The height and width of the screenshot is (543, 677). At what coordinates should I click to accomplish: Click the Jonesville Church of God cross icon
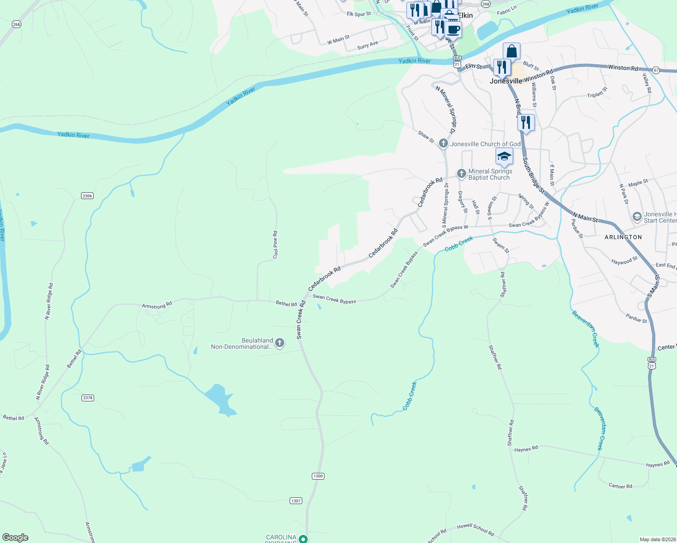pyautogui.click(x=443, y=144)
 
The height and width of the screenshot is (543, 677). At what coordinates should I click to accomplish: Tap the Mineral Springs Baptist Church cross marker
pyautogui.click(x=461, y=174)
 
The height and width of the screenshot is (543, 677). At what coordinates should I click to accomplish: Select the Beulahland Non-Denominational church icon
pyautogui.click(x=280, y=343)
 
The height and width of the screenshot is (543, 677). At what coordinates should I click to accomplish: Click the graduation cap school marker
pyautogui.click(x=504, y=157)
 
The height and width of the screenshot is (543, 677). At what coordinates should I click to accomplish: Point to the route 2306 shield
pyautogui.click(x=87, y=196)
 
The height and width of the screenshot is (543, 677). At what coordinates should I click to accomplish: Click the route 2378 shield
pyautogui.click(x=88, y=398)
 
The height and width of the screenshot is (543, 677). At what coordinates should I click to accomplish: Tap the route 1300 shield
pyautogui.click(x=318, y=476)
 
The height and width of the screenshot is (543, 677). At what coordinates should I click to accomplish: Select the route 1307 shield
pyautogui.click(x=296, y=501)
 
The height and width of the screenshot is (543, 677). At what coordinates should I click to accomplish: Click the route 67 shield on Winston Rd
pyautogui.click(x=656, y=70)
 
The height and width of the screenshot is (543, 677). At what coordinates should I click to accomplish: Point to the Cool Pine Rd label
pyautogui.click(x=275, y=245)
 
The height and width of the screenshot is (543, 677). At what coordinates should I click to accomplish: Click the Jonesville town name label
pyautogui.click(x=506, y=81)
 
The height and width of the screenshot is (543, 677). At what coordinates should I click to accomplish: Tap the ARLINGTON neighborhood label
pyautogui.click(x=623, y=237)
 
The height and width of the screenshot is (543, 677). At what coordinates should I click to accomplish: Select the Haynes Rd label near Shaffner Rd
pyautogui.click(x=526, y=449)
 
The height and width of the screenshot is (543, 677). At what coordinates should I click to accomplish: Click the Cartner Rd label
pyautogui.click(x=620, y=486)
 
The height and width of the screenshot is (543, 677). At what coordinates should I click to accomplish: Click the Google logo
pyautogui.click(x=15, y=537)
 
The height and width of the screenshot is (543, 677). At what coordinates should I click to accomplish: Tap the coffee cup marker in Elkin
pyautogui.click(x=453, y=30)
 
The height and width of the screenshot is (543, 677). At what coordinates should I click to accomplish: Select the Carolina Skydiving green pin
pyautogui.click(x=304, y=539)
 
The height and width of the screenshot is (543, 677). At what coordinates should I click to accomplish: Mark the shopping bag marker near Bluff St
pyautogui.click(x=511, y=51)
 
